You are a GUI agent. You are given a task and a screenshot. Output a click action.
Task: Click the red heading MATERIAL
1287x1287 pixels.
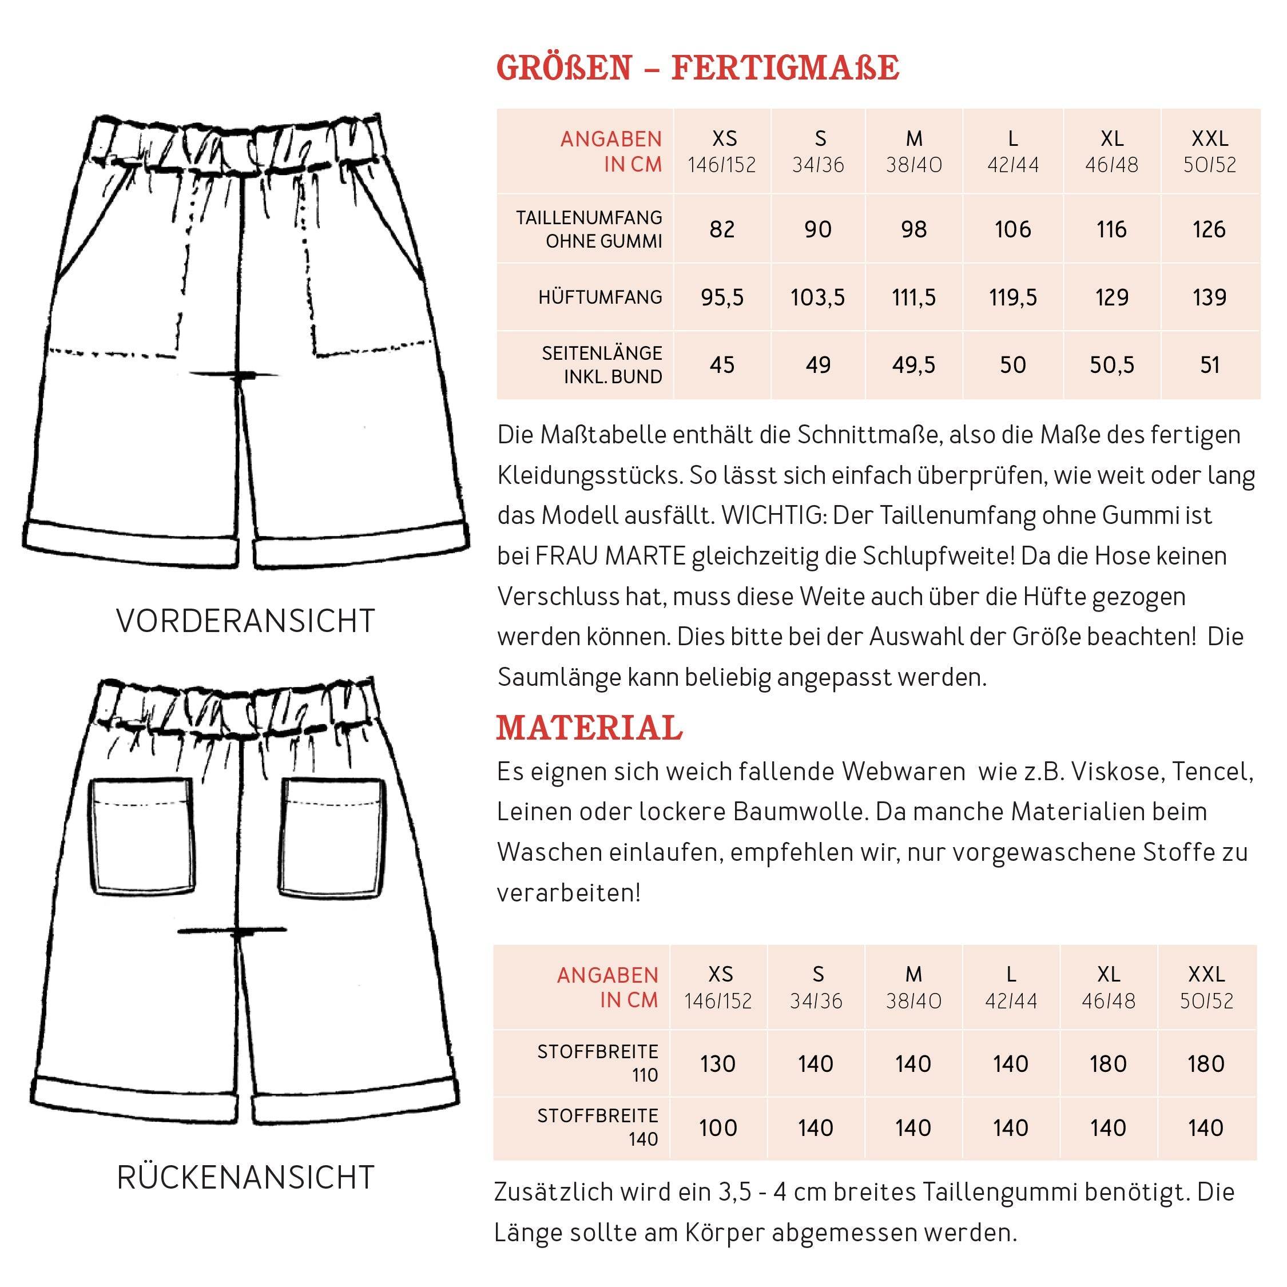[590, 728]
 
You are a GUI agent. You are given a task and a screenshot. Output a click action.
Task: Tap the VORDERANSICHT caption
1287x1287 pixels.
[246, 621]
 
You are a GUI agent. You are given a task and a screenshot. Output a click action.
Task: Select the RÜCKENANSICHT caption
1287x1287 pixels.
[246, 1178]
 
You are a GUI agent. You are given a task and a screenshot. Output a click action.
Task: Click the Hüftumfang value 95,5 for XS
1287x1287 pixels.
[722, 297]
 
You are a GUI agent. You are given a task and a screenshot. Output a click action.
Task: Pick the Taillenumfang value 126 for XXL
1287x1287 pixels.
[1209, 230]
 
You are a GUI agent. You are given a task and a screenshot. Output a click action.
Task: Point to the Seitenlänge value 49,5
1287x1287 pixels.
[913, 365]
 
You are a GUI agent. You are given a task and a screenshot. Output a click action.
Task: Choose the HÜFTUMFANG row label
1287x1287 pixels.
[600, 297]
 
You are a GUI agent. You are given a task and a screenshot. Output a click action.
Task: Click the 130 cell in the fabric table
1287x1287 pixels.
[717, 1064]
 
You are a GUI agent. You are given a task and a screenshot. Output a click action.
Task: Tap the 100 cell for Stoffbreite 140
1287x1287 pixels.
[717, 1128]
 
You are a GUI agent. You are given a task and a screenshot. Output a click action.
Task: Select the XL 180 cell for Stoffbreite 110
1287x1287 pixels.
[1108, 1064]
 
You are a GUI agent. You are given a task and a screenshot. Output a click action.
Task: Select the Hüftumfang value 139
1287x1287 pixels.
[1209, 297]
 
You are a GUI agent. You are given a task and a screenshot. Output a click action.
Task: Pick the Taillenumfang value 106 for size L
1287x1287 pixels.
[1012, 230]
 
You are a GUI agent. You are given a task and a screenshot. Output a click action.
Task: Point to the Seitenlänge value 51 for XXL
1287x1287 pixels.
[1209, 365]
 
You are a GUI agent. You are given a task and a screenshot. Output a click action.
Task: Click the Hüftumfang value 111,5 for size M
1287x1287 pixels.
[913, 297]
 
